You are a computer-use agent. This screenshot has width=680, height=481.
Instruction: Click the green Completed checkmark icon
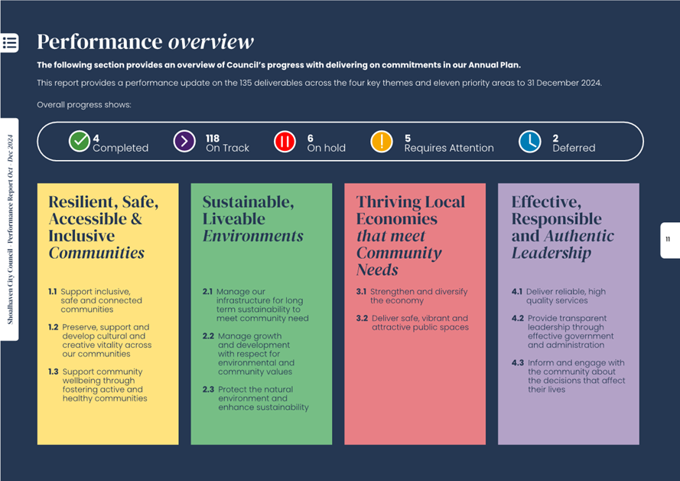[x=80, y=142]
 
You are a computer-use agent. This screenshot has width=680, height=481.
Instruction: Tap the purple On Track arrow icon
[x=184, y=142]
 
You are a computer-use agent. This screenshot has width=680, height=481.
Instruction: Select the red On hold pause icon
[x=285, y=142]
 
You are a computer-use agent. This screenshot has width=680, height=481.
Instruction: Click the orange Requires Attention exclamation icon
[x=382, y=142]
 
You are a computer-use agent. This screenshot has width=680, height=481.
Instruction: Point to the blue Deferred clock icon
[x=529, y=142]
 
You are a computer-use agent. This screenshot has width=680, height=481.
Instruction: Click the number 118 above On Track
[x=213, y=139]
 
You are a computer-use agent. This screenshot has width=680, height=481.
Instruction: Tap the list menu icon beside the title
[x=10, y=43]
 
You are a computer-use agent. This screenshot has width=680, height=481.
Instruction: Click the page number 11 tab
[x=669, y=240]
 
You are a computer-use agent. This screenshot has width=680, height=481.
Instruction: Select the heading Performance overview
[x=145, y=41]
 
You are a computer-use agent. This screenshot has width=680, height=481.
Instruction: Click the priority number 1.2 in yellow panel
[x=53, y=327]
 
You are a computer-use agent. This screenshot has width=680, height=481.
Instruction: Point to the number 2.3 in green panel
[x=208, y=390]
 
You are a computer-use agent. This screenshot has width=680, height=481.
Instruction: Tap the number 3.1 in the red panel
[x=361, y=292]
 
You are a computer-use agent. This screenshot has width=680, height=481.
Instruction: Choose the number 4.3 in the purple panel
[x=518, y=363]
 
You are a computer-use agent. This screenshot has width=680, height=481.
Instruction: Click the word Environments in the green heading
[x=252, y=236]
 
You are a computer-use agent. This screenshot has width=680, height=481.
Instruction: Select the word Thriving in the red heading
[x=386, y=202]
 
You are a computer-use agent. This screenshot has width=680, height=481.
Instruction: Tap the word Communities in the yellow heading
[x=96, y=253]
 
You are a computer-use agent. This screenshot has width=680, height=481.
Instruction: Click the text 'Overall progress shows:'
[x=84, y=105]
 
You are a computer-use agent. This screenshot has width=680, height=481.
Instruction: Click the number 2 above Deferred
[x=555, y=139]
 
